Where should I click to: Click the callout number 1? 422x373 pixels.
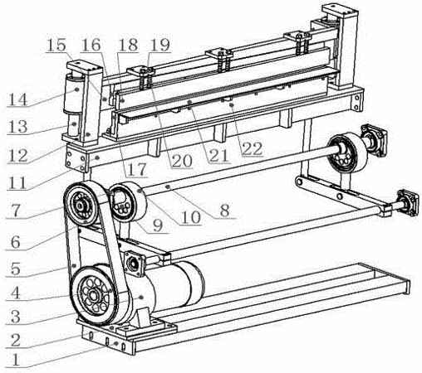(x=16, y=361)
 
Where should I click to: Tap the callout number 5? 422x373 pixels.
(x=16, y=269)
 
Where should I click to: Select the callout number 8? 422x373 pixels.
(x=224, y=211)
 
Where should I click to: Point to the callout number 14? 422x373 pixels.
(x=18, y=99)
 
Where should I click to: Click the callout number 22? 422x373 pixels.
(x=252, y=149)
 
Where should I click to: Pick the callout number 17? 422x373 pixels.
(x=137, y=169)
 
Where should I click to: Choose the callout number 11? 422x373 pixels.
(x=17, y=182)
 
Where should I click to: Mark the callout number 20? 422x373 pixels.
(x=181, y=161)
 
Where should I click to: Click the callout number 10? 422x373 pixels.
(x=190, y=218)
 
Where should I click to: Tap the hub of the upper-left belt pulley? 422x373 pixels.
(x=81, y=206)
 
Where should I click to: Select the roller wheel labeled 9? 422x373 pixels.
(x=128, y=202)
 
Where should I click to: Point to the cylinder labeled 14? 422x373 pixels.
(x=74, y=93)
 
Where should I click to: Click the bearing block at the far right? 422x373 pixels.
(x=407, y=203)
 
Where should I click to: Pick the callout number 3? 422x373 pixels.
(x=16, y=317)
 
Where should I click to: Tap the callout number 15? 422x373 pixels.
(x=56, y=45)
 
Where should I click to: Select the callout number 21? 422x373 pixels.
(x=219, y=157)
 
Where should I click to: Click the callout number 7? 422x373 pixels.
(x=15, y=211)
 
